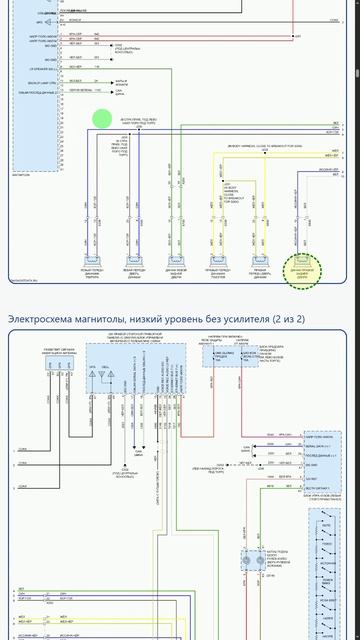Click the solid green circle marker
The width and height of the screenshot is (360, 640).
click(x=102, y=119)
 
